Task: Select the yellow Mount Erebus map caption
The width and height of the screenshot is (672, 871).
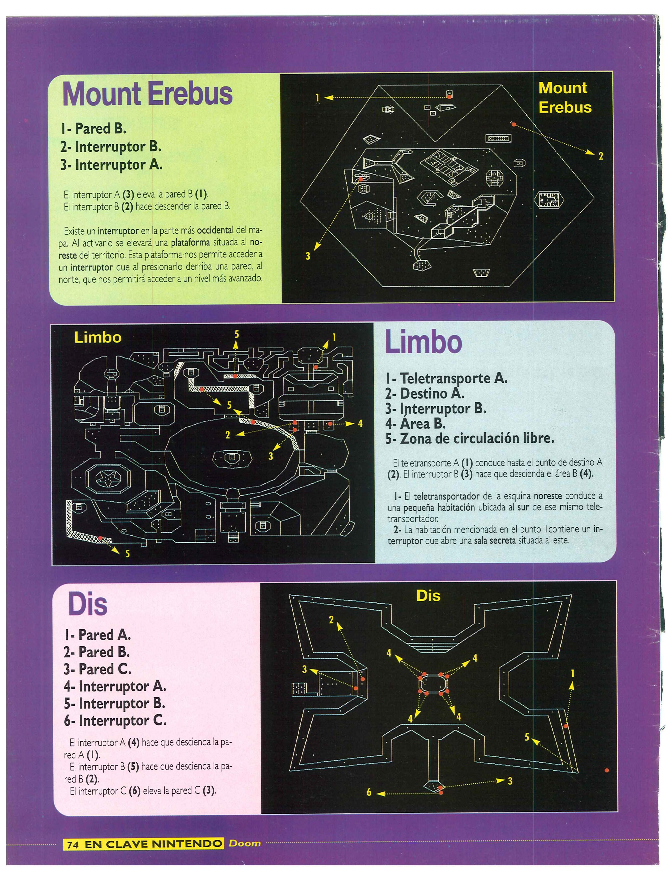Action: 564,98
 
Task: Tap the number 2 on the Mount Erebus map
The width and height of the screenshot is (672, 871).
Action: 600,156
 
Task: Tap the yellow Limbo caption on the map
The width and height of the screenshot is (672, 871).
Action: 98,338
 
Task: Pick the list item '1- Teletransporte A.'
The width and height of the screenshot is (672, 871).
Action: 446,378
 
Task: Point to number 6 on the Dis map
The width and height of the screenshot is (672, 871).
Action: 369,792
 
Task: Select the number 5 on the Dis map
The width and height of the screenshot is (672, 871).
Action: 527,737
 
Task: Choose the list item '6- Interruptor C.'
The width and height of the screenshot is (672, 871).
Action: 115,721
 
